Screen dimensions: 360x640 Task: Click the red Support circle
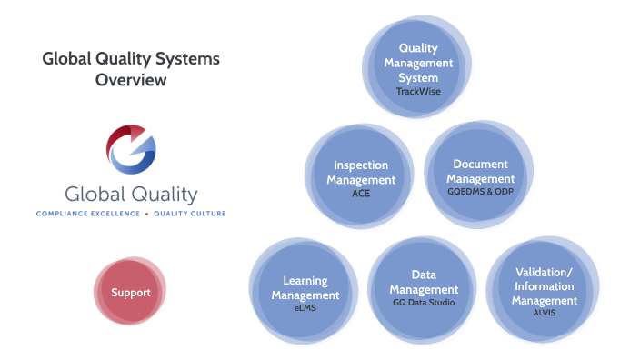130,293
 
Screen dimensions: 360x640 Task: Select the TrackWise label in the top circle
418,92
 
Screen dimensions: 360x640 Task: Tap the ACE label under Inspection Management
361,193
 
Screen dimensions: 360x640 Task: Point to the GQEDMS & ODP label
480,193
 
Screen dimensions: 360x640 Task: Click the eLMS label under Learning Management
305,309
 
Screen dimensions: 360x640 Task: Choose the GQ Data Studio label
423,303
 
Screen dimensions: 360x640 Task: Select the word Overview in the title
131,80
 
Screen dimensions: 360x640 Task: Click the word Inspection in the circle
361,165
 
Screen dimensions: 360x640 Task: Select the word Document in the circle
480,164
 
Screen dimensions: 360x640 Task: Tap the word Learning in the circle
305,281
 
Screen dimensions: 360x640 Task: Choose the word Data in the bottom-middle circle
424,275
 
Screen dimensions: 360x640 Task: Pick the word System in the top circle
418,77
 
